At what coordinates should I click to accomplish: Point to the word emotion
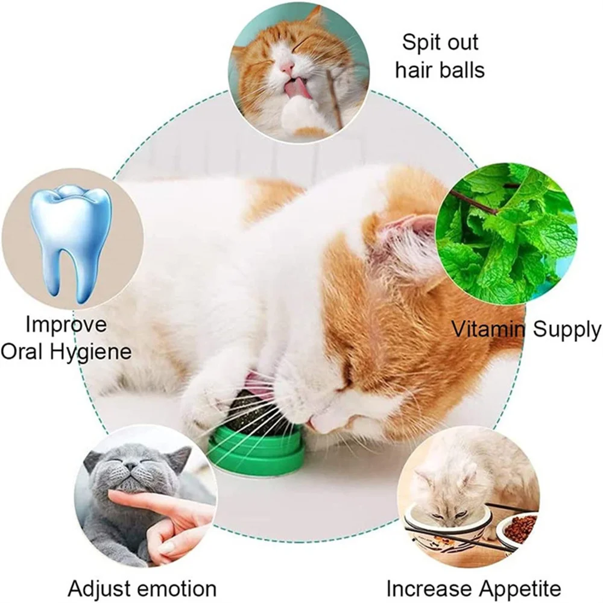pyautogui.click(x=177, y=589)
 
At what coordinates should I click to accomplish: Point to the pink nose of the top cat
pyautogui.click(x=286, y=68)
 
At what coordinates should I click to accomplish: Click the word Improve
pyautogui.click(x=66, y=324)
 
